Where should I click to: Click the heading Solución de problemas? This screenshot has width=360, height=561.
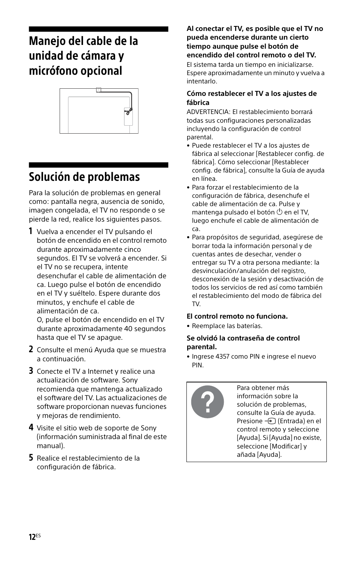84,177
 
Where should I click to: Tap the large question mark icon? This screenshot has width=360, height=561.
207,402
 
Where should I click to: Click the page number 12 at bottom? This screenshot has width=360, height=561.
32,537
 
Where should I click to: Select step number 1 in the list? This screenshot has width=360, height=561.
31,231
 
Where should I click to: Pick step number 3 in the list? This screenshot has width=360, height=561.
31,371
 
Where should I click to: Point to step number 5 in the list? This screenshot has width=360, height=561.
31,458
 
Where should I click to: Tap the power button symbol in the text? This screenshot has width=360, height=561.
279,212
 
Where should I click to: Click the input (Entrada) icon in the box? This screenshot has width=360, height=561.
270,421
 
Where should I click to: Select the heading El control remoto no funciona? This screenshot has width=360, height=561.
237,316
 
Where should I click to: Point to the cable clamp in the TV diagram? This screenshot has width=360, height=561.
128,111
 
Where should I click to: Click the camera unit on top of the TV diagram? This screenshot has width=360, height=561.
98,90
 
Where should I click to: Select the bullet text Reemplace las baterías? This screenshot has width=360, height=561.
227,326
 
